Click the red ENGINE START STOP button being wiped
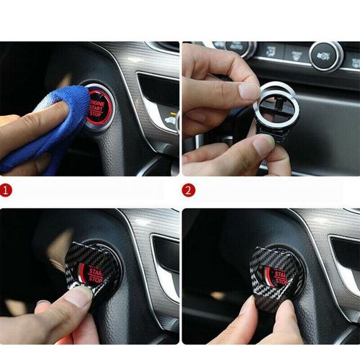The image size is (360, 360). (x=99, y=106)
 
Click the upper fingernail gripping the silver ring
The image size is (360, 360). (x=248, y=91)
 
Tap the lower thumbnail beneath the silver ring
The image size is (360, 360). (x=263, y=143)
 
